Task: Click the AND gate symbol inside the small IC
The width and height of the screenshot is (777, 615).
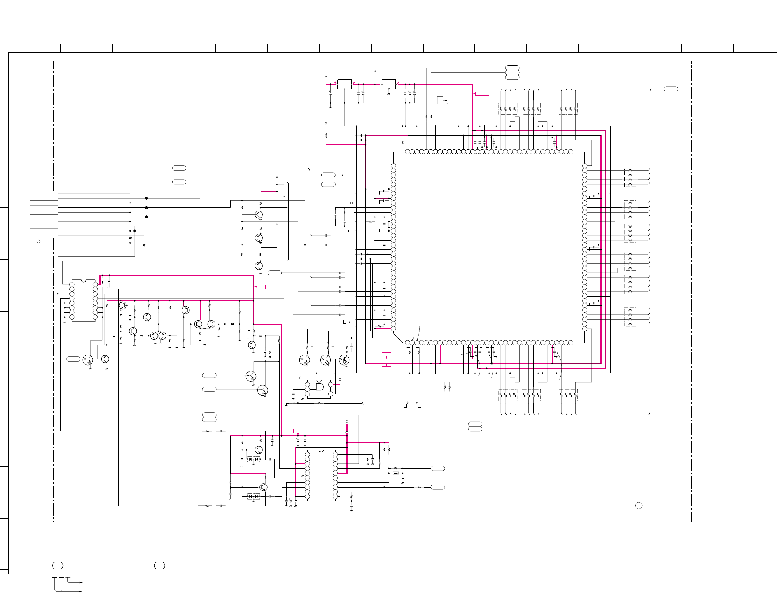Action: tap(319, 387)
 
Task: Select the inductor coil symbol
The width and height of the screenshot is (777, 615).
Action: tap(326, 135)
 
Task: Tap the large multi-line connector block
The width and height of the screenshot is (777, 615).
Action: tap(44, 214)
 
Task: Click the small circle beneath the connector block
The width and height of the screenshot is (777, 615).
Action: tap(38, 241)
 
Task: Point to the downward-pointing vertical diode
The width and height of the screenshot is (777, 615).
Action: tap(121, 315)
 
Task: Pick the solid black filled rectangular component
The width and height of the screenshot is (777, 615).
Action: tap(396, 473)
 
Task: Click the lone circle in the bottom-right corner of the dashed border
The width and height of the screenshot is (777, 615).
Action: tap(638, 505)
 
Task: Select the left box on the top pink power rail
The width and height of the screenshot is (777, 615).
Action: tap(344, 84)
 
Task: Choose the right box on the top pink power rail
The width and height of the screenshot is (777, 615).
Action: tap(388, 84)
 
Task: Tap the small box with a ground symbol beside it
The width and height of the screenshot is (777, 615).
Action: tap(440, 100)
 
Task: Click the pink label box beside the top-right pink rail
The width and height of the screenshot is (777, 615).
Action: tap(482, 94)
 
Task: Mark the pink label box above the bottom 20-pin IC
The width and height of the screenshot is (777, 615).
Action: tap(298, 431)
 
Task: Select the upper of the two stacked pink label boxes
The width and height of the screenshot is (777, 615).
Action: tap(386, 354)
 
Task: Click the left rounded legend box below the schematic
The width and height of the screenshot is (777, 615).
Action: tap(58, 565)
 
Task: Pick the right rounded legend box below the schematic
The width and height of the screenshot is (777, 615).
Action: tap(159, 565)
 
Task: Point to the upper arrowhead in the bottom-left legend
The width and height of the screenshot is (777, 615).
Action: tap(81, 582)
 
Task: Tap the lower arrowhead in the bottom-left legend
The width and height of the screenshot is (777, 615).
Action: tap(80, 591)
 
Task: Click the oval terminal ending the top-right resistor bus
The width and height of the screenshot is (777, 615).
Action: tap(671, 89)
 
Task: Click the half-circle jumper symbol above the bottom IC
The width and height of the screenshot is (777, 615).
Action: tap(347, 433)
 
